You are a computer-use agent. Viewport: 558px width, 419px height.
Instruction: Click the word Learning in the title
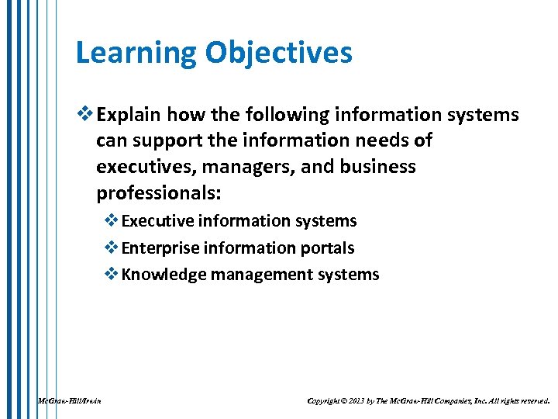point(136,54)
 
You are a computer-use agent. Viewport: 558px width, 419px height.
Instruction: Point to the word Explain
point(129,116)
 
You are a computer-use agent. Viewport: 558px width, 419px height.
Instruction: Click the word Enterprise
point(157,248)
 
